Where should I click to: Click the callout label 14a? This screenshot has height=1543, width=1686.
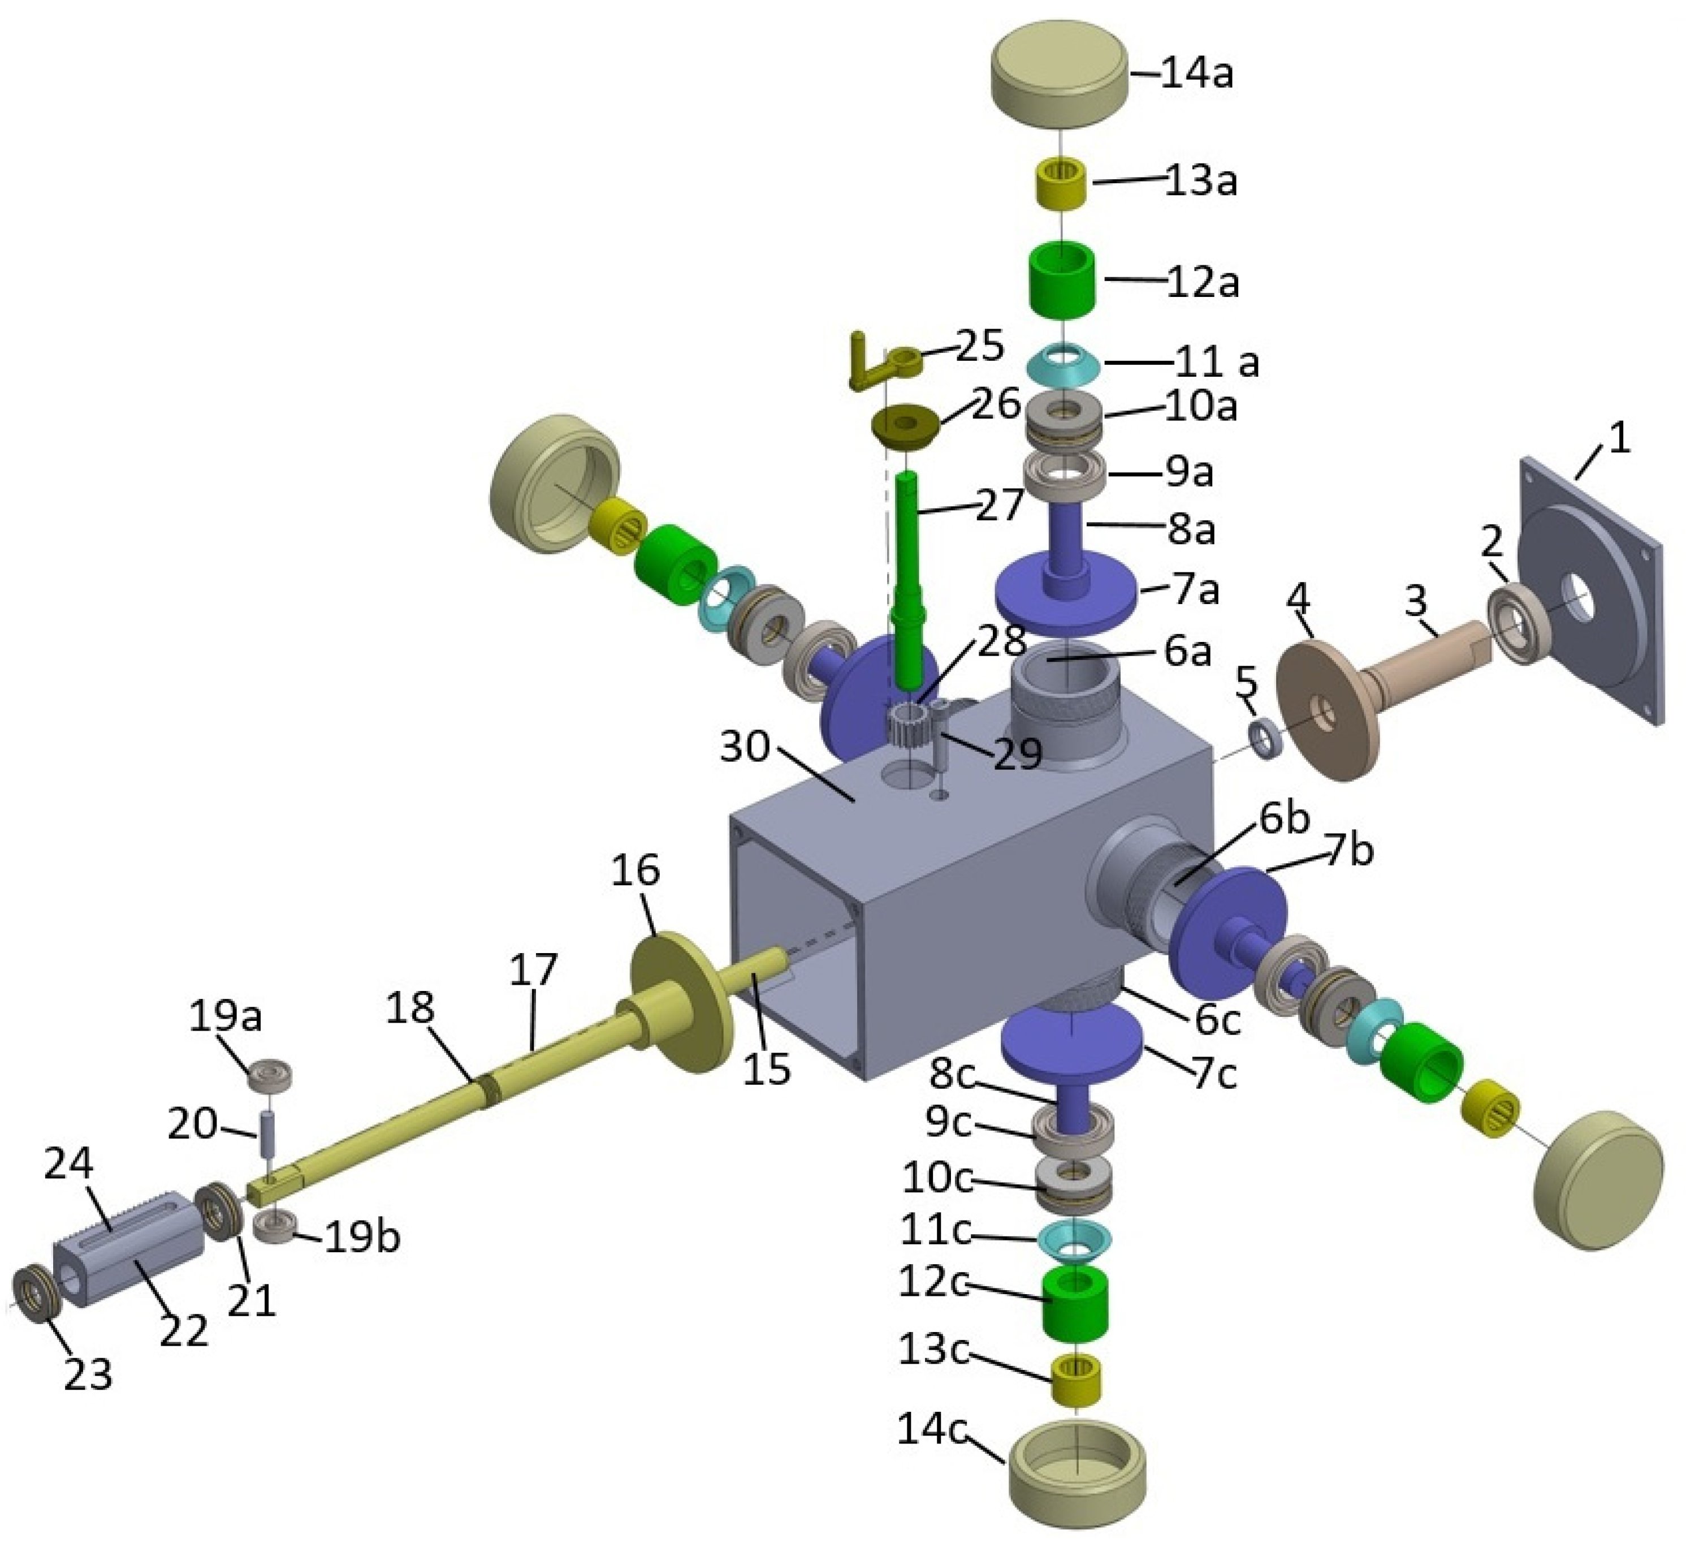click(x=1198, y=75)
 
